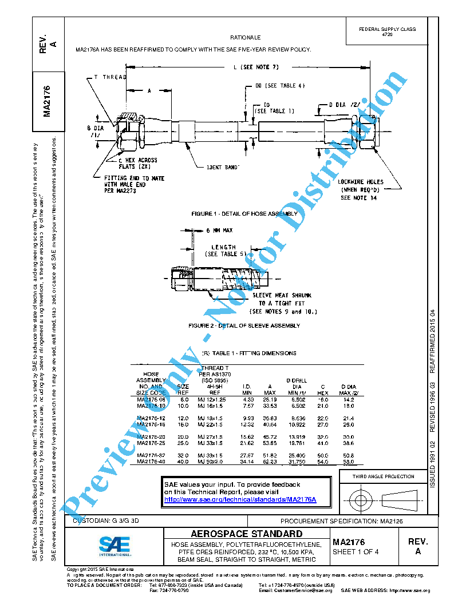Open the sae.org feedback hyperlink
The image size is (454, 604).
[x=240, y=499]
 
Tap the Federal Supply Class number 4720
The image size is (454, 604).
[x=387, y=35]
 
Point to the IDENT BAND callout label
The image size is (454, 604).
[x=222, y=167]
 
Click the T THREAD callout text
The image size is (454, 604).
[x=110, y=77]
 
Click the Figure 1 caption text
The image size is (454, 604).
[x=244, y=213]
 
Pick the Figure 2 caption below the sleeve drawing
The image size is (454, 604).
[x=244, y=325]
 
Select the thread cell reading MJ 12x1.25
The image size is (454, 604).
[x=211, y=399]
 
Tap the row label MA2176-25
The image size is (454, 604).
[x=151, y=443]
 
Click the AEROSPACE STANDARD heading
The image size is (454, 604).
[x=246, y=534]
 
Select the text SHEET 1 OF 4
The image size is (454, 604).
[x=356, y=552]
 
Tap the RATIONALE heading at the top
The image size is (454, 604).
[x=245, y=37]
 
